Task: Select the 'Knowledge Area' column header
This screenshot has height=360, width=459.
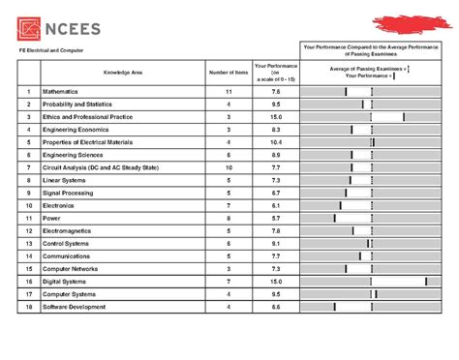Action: click(x=123, y=73)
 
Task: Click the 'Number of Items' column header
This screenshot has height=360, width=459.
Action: click(x=229, y=73)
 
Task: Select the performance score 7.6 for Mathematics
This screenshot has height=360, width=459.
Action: click(x=275, y=91)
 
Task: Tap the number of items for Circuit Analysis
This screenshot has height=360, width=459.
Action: click(x=229, y=167)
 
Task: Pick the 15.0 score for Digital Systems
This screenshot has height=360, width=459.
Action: click(x=275, y=282)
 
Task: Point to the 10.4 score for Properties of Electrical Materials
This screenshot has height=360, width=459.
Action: click(x=275, y=142)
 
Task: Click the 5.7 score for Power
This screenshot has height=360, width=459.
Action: click(x=275, y=218)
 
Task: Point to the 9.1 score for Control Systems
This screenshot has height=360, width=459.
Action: click(x=275, y=244)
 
